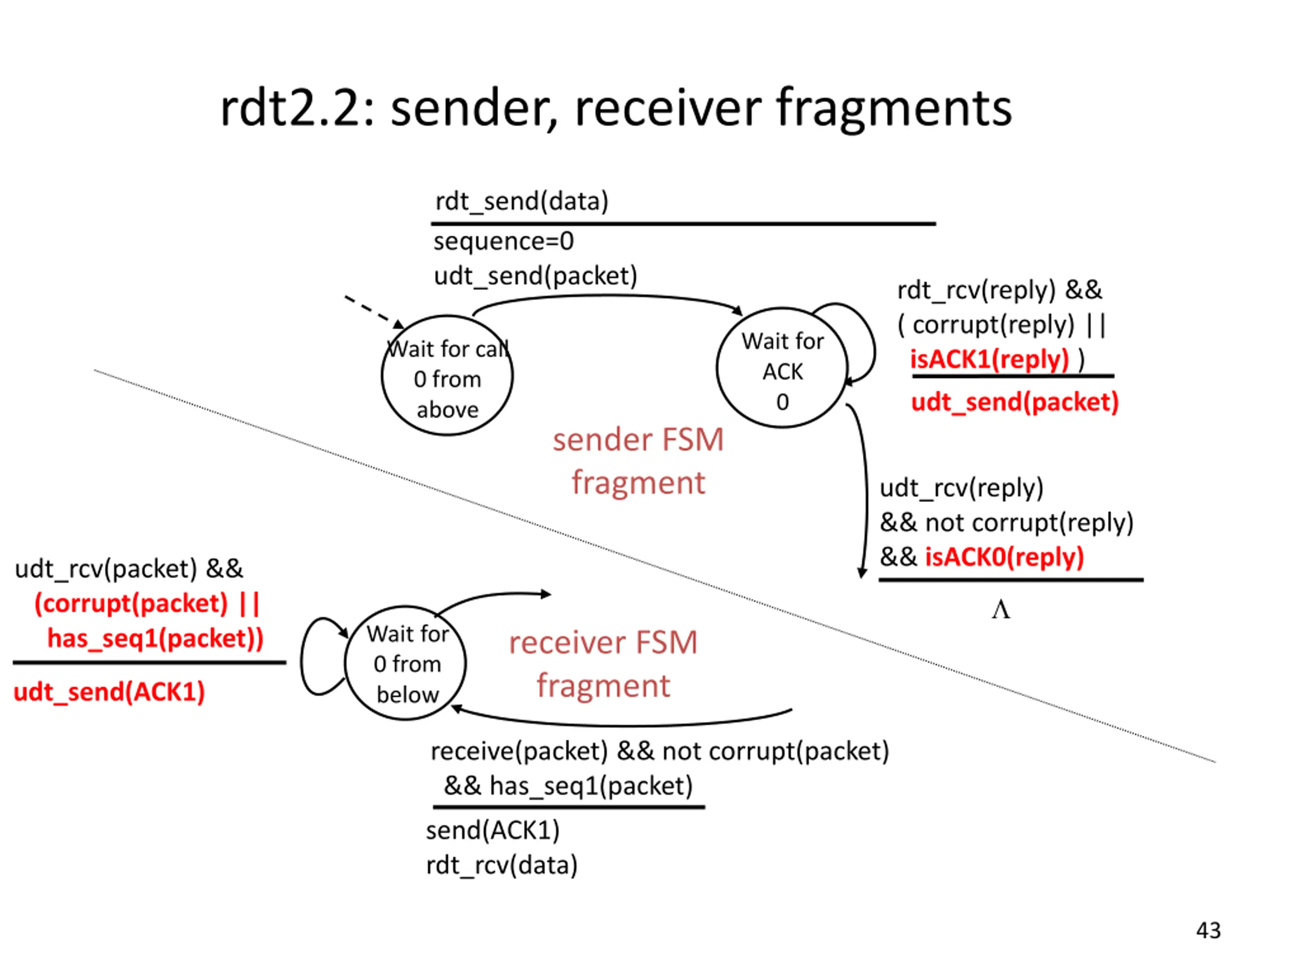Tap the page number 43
tap(1208, 930)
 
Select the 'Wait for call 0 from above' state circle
tap(447, 376)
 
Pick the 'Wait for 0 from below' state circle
tap(406, 663)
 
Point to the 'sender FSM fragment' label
tap(638, 461)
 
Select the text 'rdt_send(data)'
tap(522, 202)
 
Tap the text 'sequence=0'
tap(504, 242)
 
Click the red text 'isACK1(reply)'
tap(989, 359)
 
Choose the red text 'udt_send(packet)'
tap(1015, 403)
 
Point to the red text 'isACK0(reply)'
tap(1004, 557)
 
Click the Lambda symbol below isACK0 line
tap(1001, 610)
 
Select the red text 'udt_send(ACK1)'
tap(109, 692)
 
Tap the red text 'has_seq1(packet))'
tap(155, 638)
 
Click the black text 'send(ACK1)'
tap(493, 830)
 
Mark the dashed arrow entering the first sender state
tap(373, 310)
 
